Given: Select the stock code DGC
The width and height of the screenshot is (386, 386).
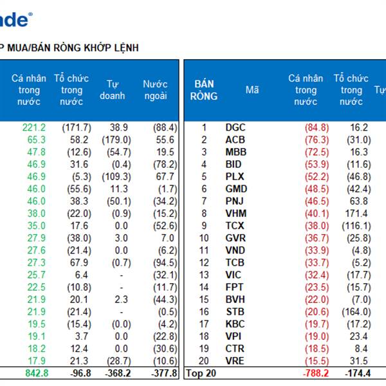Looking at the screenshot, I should coord(236,127).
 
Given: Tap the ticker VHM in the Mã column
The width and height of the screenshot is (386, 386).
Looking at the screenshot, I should coord(236,214).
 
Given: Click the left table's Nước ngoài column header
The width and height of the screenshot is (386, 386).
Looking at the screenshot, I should coord(155,90).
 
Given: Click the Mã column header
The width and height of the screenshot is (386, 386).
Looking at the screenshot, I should coord(252,90).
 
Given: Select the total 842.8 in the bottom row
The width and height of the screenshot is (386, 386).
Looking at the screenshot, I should coord(33,372).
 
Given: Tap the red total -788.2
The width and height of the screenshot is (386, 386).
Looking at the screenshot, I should coord(315,372).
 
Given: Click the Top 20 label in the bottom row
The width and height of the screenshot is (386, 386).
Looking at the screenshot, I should coord(199,372).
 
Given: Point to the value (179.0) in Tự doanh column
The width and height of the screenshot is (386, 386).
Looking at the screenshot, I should coord(116,140).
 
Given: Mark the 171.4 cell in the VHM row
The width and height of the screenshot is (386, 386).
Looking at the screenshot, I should coord(355,214).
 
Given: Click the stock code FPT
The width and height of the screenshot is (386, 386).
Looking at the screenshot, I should coord(235,287).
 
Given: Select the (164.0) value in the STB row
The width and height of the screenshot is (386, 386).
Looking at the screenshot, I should coord(353,311).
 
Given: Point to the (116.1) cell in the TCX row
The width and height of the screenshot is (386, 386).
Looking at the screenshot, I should coord(353,226).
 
